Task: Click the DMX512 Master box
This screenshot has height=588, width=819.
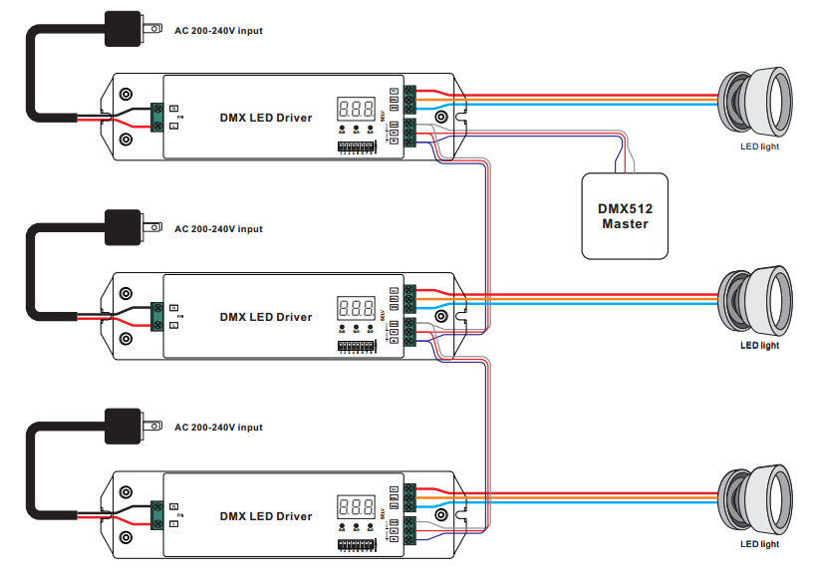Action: pos(625,215)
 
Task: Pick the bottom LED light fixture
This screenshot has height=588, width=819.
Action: pos(756,498)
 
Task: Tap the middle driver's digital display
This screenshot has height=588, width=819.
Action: pos(356,308)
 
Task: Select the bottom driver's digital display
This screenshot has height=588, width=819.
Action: pos(356,507)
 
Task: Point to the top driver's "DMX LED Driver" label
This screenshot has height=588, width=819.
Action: pos(266,118)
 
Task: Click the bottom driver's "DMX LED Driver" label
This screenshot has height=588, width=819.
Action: pos(266,516)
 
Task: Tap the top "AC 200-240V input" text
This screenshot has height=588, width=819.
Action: pos(218,30)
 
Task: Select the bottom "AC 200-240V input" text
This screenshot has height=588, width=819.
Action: pos(218,428)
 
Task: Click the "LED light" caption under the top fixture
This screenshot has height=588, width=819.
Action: pos(759,147)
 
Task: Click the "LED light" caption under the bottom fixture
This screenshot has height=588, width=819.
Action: pos(759,544)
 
